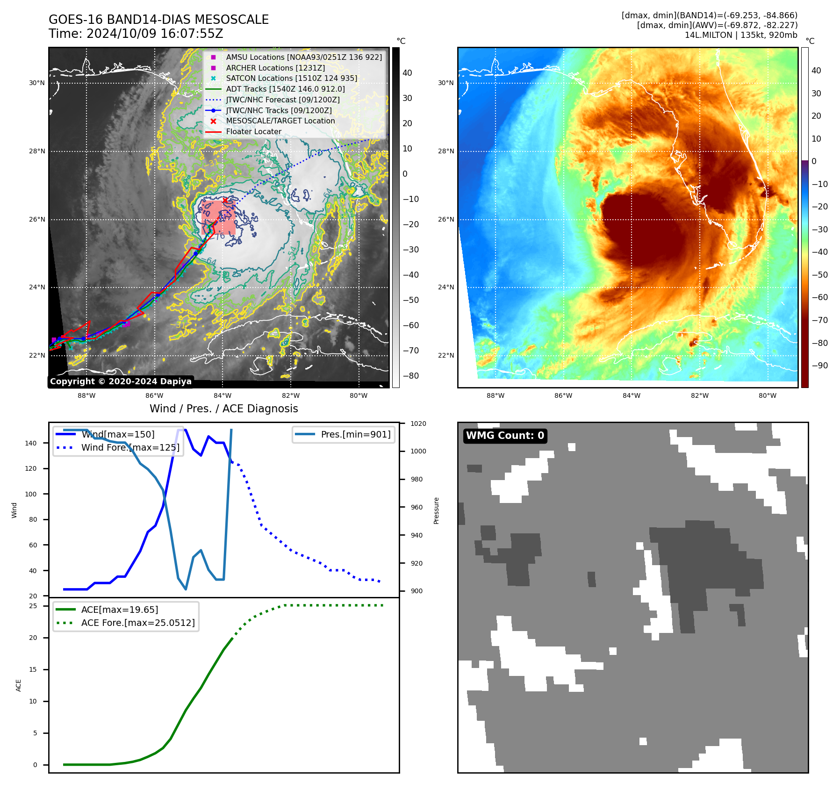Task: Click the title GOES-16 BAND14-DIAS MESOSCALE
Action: (158, 20)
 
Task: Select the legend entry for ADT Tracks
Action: (285, 89)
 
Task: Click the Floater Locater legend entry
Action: (253, 132)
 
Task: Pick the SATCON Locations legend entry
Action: (291, 79)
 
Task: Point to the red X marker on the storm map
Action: (225, 201)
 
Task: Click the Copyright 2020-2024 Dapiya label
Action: (121, 381)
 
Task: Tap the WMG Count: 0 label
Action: (505, 436)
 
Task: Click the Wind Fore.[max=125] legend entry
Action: (130, 447)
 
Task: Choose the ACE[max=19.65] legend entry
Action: (119, 610)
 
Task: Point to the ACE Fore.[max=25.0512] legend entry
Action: (137, 623)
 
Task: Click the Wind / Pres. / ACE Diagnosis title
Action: (223, 409)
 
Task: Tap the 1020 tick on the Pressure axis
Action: (418, 424)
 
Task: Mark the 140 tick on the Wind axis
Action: (31, 443)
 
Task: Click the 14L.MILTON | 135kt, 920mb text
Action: (741, 35)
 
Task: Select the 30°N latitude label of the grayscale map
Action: (37, 83)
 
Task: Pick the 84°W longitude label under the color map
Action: (631, 395)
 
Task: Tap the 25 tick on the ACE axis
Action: (33, 606)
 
